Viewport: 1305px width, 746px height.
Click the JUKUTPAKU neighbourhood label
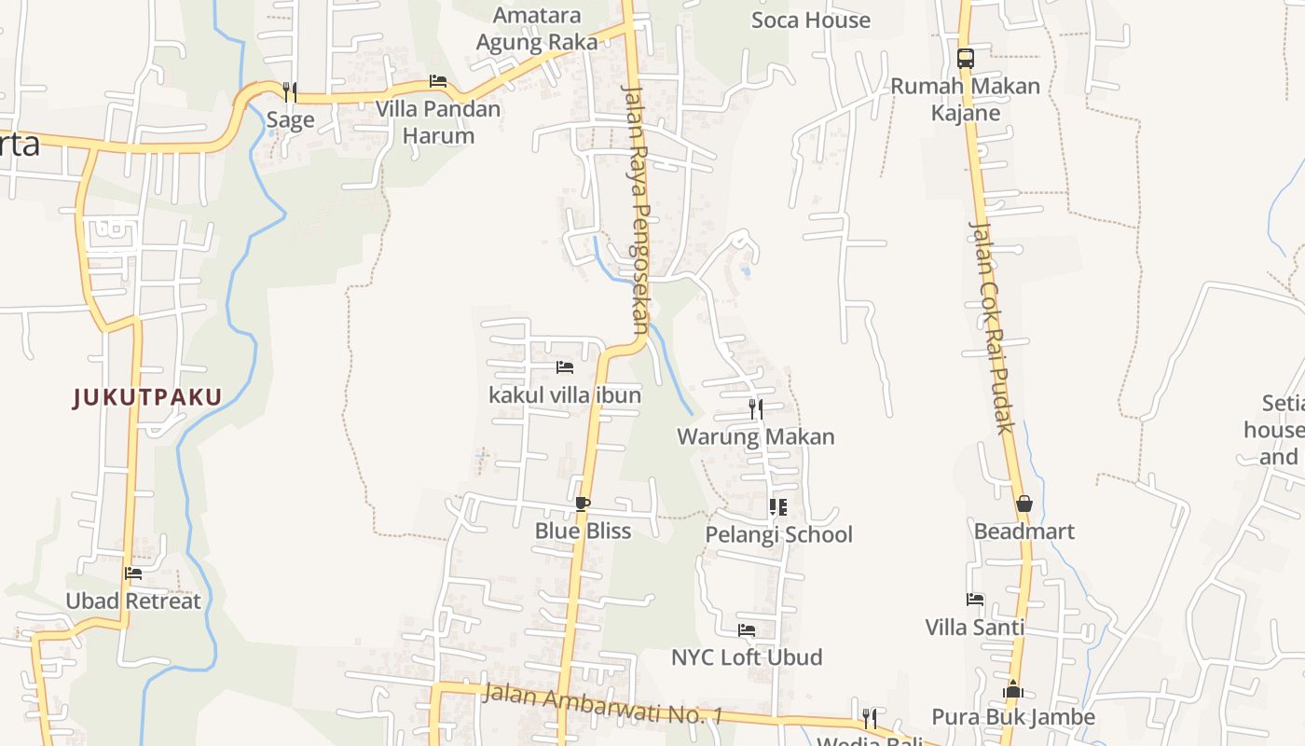tap(147, 398)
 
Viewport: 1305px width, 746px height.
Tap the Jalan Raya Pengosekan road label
tap(635, 209)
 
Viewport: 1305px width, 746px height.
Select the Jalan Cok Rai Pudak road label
tap(990, 327)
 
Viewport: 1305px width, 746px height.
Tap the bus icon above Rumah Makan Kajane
tap(965, 58)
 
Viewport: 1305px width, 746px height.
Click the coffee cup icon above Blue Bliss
tap(583, 504)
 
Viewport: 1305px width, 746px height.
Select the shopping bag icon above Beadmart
tap(1024, 504)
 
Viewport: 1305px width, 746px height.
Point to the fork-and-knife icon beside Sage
tap(290, 91)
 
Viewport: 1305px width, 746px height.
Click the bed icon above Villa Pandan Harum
tap(438, 81)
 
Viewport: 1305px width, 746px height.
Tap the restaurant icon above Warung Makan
tap(756, 408)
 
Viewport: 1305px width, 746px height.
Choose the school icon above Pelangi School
tap(778, 507)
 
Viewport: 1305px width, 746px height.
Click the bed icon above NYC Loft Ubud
tap(747, 630)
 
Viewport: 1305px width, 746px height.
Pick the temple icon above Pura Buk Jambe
tap(1013, 690)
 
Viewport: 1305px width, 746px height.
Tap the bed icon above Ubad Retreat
tap(133, 573)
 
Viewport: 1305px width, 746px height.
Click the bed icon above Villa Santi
tap(975, 600)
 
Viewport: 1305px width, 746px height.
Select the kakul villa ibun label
tap(565, 395)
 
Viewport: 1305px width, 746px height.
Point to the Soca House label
tap(811, 21)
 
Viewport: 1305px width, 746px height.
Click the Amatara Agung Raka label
tap(537, 29)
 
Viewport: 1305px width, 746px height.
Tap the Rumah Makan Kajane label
tap(965, 100)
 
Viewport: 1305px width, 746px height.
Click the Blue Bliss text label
tap(583, 532)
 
